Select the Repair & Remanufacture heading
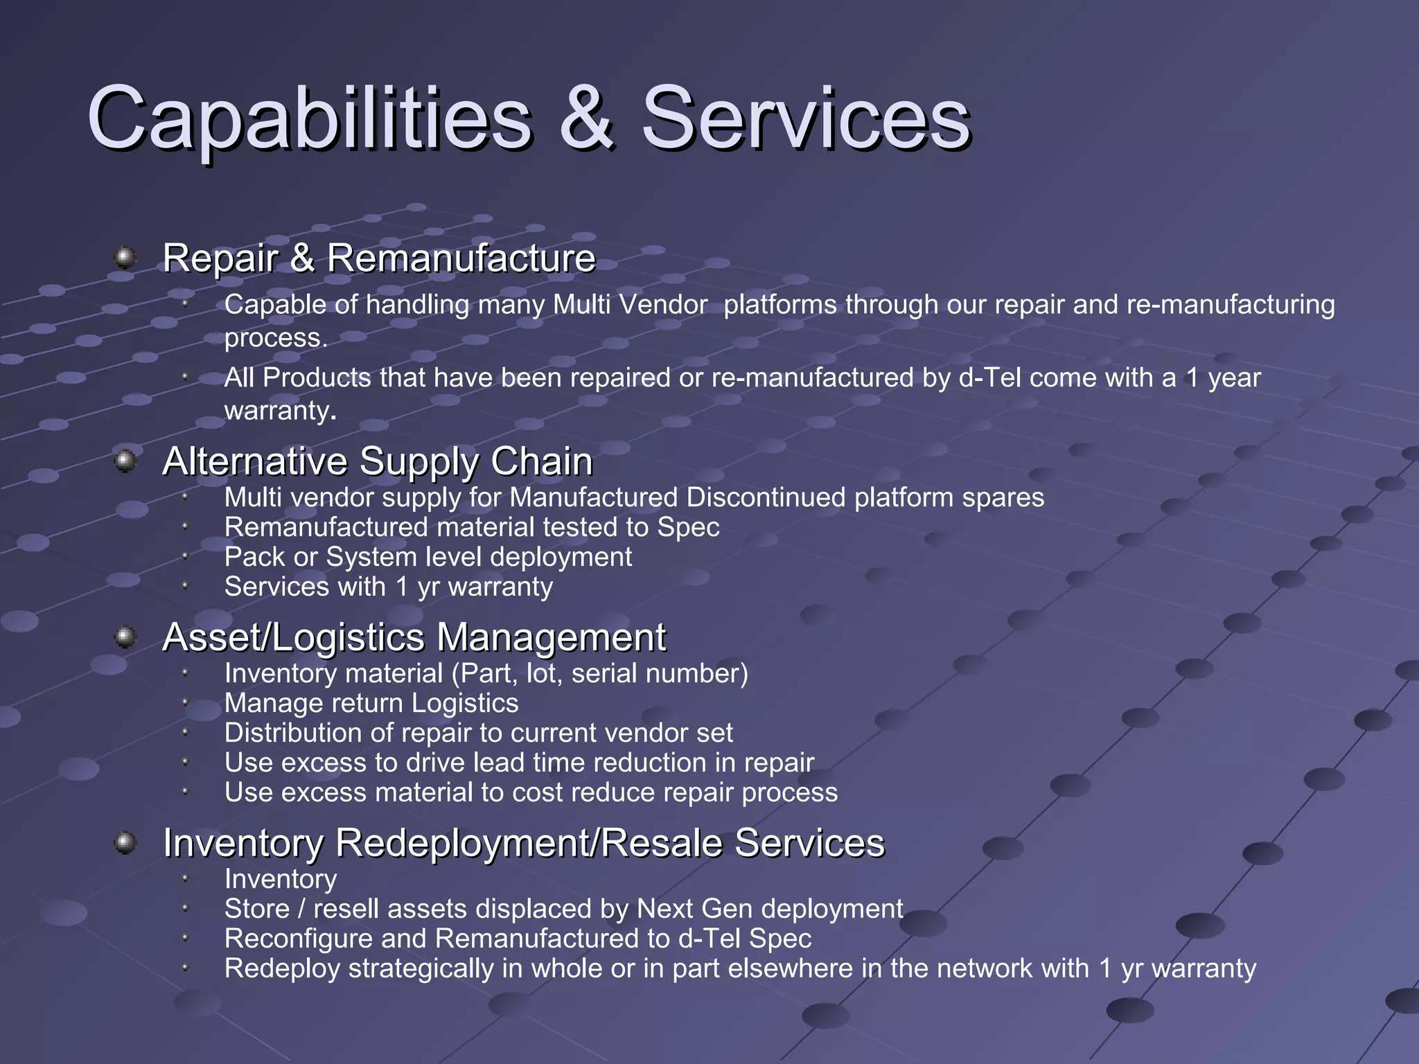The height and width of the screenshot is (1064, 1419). (379, 258)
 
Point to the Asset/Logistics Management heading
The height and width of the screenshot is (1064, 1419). (414, 637)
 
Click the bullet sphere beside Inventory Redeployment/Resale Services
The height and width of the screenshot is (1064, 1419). (125, 842)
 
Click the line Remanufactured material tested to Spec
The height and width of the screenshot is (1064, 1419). (472, 527)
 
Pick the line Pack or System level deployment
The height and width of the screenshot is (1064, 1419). (428, 557)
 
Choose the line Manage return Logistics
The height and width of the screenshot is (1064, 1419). (371, 703)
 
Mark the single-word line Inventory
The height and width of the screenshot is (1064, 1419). (281, 879)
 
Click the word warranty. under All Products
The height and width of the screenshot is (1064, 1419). (280, 411)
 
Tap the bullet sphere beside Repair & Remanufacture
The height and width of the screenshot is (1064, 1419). (125, 258)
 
